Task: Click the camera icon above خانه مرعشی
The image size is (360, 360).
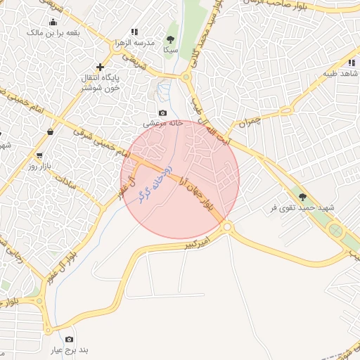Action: (163, 112)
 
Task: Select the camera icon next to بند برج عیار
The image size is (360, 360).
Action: (69, 339)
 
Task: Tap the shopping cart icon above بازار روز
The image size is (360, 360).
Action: (39, 155)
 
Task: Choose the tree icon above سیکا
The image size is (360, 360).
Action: (170, 39)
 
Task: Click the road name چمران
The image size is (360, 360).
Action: (249, 122)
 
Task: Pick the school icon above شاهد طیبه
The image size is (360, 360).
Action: (352, 63)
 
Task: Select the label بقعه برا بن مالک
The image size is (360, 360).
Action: (53, 32)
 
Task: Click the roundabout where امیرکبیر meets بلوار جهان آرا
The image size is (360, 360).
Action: (226, 226)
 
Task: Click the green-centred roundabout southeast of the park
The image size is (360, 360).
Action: (336, 230)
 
